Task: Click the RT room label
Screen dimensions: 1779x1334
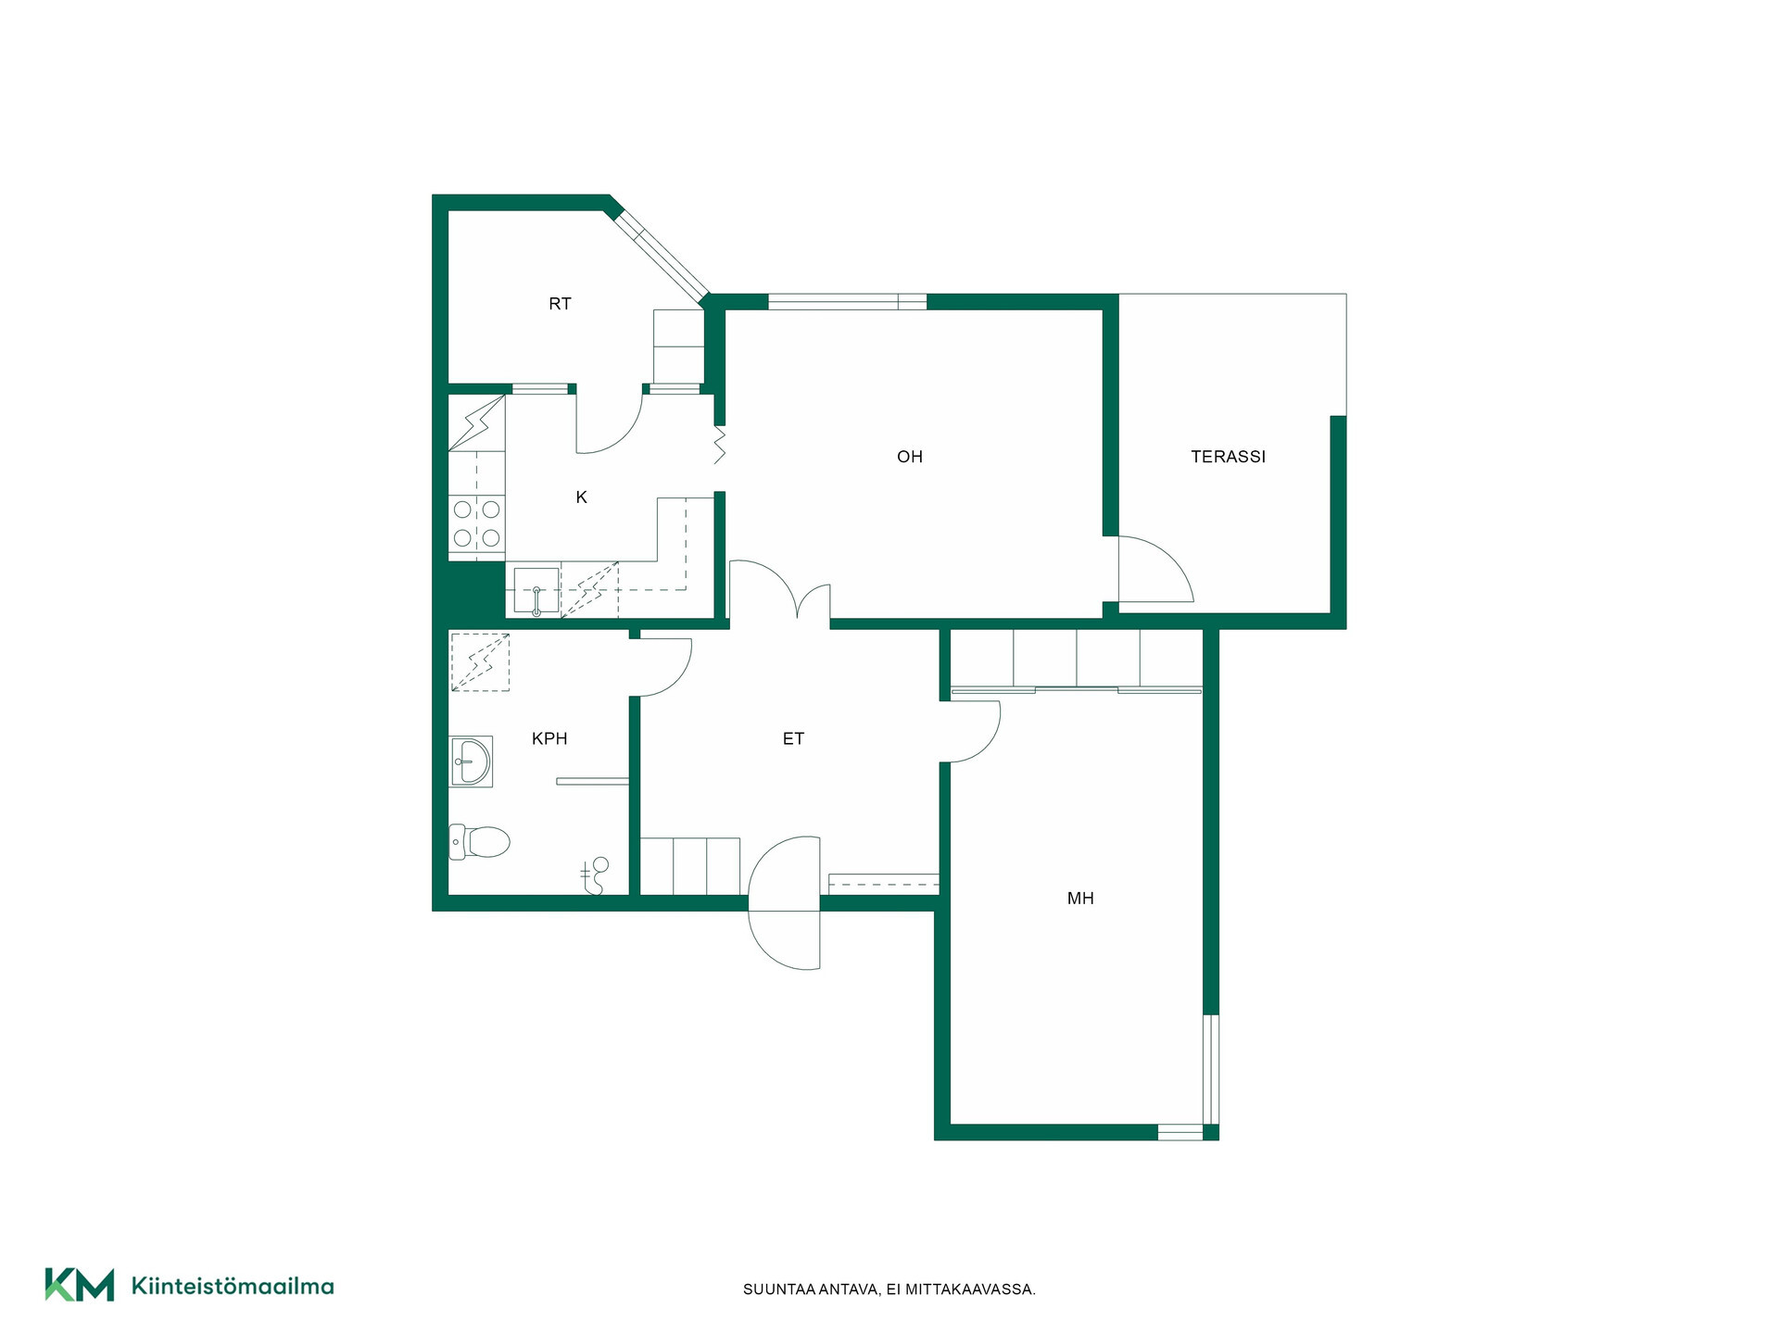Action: [x=560, y=304]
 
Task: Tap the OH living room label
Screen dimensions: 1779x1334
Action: [x=910, y=457]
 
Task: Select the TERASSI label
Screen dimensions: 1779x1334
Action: [x=1228, y=457]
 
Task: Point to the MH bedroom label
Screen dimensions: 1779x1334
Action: [x=1080, y=898]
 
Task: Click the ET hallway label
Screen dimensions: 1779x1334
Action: [x=793, y=738]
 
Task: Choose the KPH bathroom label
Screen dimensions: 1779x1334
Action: [x=549, y=738]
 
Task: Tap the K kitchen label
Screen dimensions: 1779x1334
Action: [x=581, y=497]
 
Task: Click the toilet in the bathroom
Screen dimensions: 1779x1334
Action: [x=479, y=842]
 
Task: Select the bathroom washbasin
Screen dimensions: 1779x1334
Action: [x=471, y=761]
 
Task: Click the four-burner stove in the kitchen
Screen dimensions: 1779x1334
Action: [x=476, y=523]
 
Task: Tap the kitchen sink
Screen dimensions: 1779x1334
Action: [x=536, y=591]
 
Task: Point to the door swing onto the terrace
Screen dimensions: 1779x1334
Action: [x=1155, y=569]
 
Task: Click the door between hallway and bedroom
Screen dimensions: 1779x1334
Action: [x=971, y=732]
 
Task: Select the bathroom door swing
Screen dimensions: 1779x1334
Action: [x=663, y=667]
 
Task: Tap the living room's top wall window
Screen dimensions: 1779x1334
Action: [x=847, y=301]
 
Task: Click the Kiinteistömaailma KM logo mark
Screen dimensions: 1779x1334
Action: [x=80, y=1285]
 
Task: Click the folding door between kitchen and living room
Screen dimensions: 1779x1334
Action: [x=719, y=445]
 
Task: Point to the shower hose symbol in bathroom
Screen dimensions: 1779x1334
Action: [x=594, y=875]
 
